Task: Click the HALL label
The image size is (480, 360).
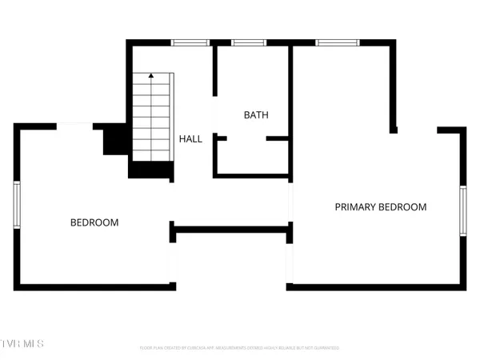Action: pyautogui.click(x=190, y=139)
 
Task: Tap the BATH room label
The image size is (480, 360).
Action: pyautogui.click(x=256, y=115)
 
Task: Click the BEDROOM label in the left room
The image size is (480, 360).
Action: pyautogui.click(x=94, y=222)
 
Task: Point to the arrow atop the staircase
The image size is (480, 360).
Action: pyautogui.click(x=150, y=76)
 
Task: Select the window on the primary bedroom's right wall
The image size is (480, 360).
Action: pyautogui.click(x=462, y=210)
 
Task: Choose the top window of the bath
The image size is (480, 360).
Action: pyautogui.click(x=243, y=42)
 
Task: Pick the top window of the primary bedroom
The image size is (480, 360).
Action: pyautogui.click(x=329, y=42)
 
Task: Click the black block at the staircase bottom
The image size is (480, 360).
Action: pyautogui.click(x=151, y=170)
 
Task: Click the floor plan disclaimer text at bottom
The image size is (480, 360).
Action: pyautogui.click(x=239, y=348)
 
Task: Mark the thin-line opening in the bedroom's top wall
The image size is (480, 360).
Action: pyautogui.click(x=78, y=125)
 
